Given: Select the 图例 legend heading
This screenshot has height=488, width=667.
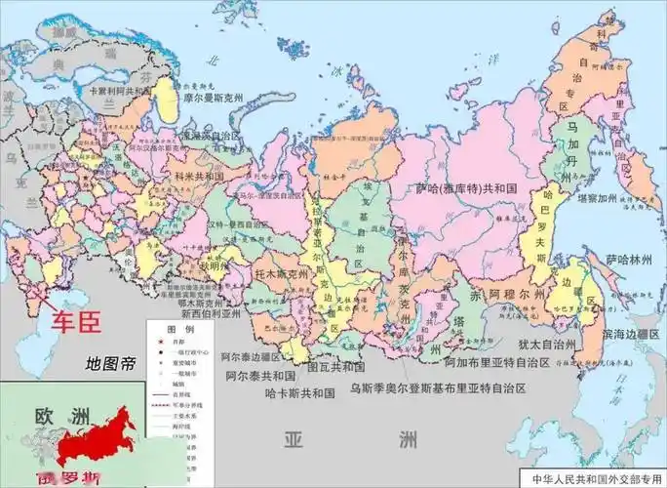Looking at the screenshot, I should tap(176, 329).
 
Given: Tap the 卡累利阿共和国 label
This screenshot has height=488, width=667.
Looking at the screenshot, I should tap(121, 89).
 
